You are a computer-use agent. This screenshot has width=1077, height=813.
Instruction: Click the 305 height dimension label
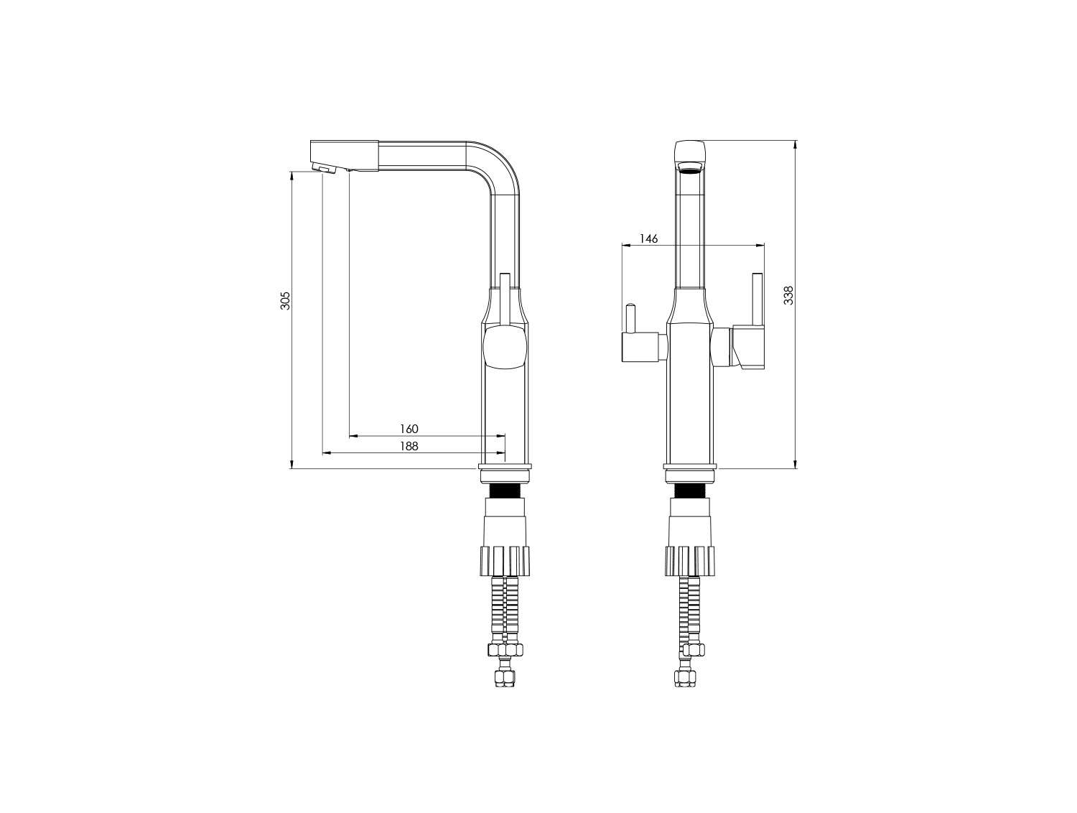pyautogui.click(x=285, y=301)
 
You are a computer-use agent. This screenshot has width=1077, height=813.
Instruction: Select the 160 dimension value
pyautogui.click(x=409, y=429)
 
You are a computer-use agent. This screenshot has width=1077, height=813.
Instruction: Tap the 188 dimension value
pyautogui.click(x=409, y=446)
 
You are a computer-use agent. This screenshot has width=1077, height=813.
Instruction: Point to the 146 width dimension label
pyautogui.click(x=648, y=239)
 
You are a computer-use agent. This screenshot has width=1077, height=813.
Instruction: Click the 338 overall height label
pyautogui.click(x=788, y=295)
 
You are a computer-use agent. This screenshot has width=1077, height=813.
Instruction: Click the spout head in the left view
pyautogui.click(x=344, y=156)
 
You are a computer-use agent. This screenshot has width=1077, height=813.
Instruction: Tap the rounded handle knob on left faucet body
pyautogui.click(x=505, y=349)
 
